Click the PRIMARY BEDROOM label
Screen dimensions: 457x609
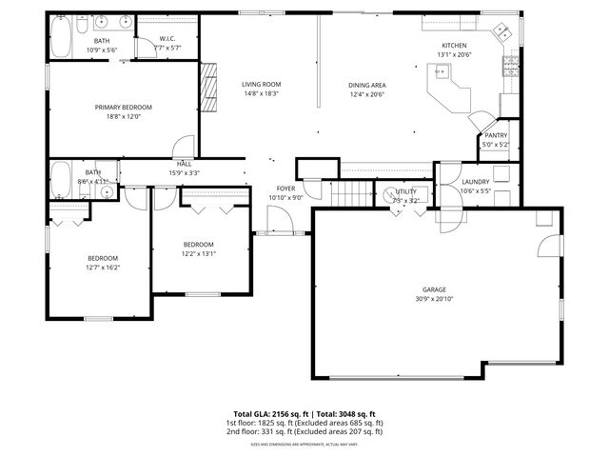pos(123,108)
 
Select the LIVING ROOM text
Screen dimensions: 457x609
pos(261,85)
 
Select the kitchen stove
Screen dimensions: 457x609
pos(511,67)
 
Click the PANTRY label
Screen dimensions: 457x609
pos(496,135)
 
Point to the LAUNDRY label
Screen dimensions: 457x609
pos(475,181)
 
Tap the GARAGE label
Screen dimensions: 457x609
pos(434,289)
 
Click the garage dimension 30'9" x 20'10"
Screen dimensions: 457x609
pos(434,300)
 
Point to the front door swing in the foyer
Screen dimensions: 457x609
pos(277,223)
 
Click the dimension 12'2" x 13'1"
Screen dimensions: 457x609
pos(199,253)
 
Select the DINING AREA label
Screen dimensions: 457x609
pos(366,85)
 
